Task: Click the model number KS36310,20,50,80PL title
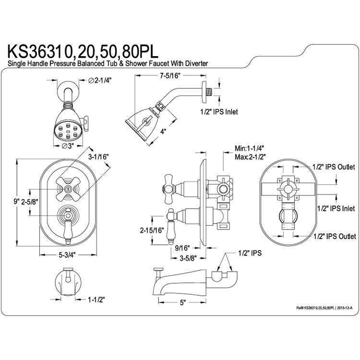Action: point(83,52)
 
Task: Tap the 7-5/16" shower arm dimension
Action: point(170,75)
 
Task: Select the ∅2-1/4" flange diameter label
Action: point(100,80)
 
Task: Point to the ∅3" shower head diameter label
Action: point(68,145)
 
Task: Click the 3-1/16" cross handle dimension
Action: point(98,156)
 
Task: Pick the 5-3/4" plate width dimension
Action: point(67,255)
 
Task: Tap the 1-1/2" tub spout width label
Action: point(96,300)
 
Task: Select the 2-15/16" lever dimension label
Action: point(152,230)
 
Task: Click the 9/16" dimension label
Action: point(182,248)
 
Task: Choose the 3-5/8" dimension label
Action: point(188,258)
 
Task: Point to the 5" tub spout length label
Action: point(182,302)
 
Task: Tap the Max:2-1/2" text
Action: point(250,157)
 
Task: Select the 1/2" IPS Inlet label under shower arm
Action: point(219,112)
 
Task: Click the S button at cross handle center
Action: point(68,189)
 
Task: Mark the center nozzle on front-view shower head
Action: point(68,132)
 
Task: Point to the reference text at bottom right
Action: point(324,308)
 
